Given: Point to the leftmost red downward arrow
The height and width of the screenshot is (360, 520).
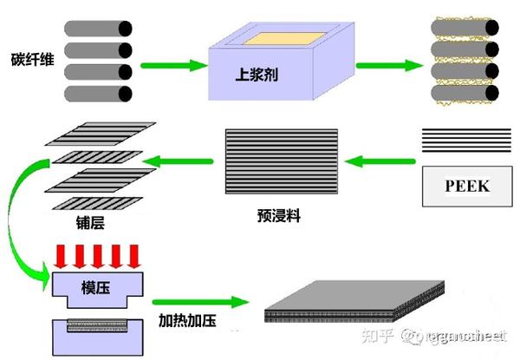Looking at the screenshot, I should [61, 256].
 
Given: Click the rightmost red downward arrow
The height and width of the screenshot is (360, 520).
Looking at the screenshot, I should [133, 256].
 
